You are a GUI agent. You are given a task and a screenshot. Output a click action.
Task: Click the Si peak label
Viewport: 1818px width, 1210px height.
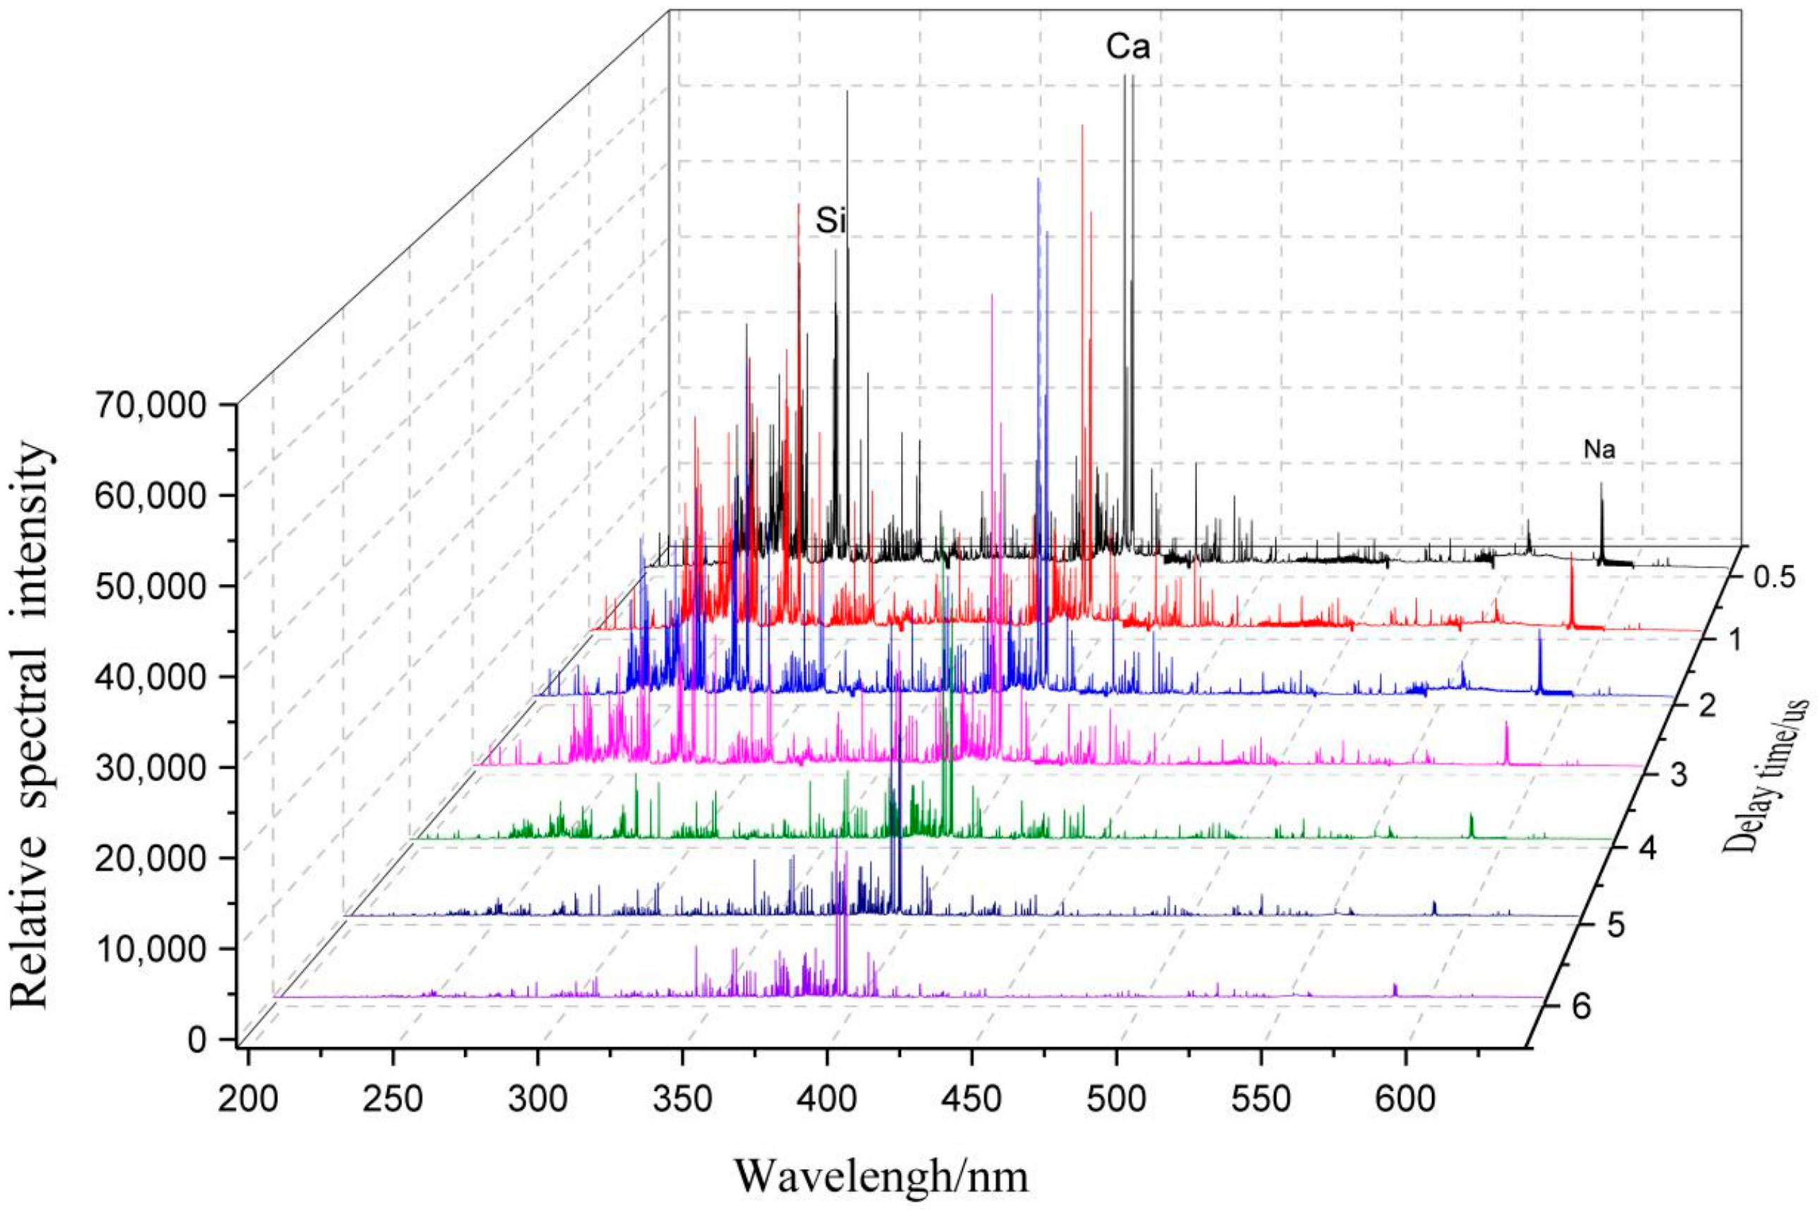pyautogui.click(x=832, y=223)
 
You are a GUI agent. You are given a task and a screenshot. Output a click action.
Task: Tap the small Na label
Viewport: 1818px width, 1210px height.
pyautogui.click(x=1599, y=451)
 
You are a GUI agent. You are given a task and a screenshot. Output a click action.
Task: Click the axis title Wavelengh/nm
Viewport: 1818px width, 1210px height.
pyautogui.click(x=881, y=1178)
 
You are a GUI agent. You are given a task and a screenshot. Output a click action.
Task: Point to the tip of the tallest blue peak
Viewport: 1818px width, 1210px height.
pyautogui.click(x=1039, y=180)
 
